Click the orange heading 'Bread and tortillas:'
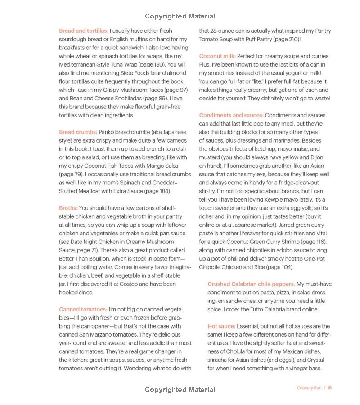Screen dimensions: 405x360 click(x=84, y=31)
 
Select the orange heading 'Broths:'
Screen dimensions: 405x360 click(x=68, y=208)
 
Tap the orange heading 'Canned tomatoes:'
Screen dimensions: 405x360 click(x=83, y=309)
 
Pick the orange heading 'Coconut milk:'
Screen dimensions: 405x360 click(x=217, y=56)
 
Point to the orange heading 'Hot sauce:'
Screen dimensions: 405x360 click(x=221, y=326)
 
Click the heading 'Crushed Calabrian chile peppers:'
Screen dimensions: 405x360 click(x=251, y=284)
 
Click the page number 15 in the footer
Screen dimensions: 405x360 click(x=329, y=388)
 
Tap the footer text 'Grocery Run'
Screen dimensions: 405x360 click(x=309, y=388)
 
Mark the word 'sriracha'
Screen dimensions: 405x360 click(x=218, y=360)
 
